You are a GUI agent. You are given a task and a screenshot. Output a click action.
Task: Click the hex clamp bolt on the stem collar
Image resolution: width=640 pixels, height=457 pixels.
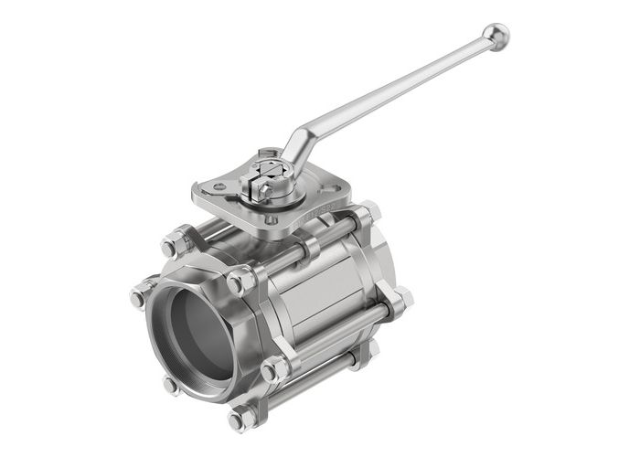pos(254,188)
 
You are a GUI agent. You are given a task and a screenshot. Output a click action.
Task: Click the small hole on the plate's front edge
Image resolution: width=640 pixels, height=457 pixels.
pos(271,219)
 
